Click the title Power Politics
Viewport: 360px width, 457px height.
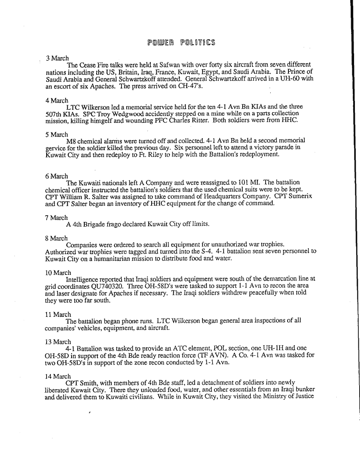[181, 42]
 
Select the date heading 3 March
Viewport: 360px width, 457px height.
[57, 58]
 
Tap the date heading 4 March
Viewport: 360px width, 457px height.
[57, 100]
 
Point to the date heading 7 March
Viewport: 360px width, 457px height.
[56, 218]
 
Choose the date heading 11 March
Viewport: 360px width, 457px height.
[58, 315]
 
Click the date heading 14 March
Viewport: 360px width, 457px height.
[58, 376]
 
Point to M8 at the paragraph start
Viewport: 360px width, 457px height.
[71, 141]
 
